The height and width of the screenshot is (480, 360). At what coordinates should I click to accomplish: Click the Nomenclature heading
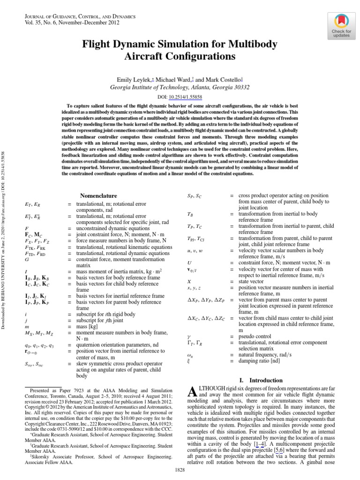[x=98, y=195]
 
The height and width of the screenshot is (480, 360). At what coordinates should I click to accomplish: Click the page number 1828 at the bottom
[x=180, y=469]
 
